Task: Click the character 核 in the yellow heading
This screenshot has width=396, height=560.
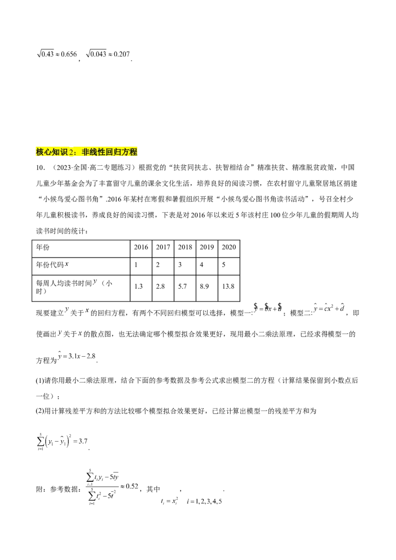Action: tap(40, 152)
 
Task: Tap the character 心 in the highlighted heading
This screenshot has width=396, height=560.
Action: tap(48, 152)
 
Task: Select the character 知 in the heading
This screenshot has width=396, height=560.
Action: tap(56, 152)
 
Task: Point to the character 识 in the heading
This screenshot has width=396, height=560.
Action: tap(64, 152)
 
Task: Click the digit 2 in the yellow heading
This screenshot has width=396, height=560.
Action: tap(70, 152)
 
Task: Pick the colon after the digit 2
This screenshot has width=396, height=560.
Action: tap(76, 152)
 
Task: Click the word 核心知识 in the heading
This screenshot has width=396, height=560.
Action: tap(52, 152)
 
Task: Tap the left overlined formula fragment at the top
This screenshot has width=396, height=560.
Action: tap(57, 54)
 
